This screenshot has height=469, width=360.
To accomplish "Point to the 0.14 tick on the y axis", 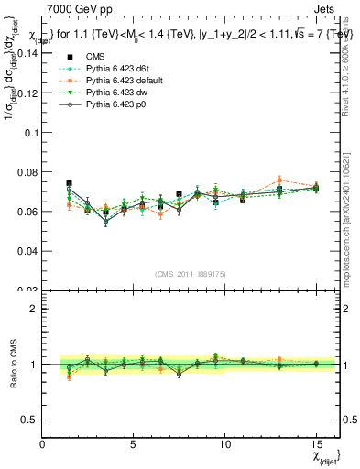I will (27, 53).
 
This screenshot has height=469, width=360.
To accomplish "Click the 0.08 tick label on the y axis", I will (27, 171).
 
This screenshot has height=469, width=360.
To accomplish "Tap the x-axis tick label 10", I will (224, 444).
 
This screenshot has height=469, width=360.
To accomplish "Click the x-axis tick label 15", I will (316, 444).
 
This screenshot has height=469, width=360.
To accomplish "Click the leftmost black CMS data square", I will (70, 183).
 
